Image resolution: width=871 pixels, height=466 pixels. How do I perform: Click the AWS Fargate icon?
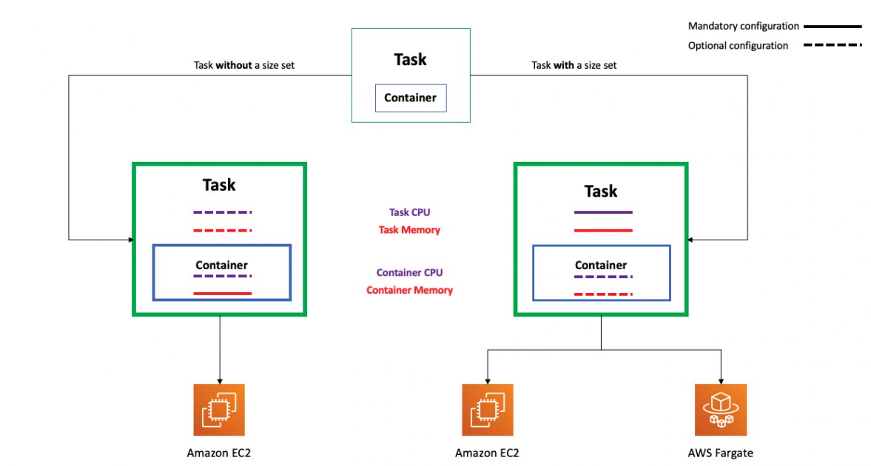click(721, 409)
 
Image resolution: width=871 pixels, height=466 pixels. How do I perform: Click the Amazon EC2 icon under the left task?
click(219, 409)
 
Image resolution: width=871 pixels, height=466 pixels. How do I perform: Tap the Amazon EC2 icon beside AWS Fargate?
click(487, 409)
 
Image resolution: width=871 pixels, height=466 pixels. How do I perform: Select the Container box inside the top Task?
click(411, 98)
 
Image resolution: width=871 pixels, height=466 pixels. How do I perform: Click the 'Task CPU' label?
click(409, 212)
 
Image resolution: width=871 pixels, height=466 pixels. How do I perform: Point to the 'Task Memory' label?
click(409, 230)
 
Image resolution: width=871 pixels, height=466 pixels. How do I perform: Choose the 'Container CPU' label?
click(409, 273)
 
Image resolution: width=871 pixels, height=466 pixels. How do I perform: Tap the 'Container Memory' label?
click(409, 291)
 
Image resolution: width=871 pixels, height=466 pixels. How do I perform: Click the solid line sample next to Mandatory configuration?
click(833, 26)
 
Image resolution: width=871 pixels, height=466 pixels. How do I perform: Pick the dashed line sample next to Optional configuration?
click(833, 45)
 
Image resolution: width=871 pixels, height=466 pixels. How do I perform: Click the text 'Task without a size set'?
click(244, 65)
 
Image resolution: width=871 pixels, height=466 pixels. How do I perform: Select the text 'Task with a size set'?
click(574, 65)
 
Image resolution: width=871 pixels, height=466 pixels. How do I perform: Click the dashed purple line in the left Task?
click(222, 212)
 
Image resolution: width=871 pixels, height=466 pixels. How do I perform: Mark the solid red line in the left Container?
click(222, 293)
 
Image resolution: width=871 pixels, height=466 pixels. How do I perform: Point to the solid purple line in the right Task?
click(603, 212)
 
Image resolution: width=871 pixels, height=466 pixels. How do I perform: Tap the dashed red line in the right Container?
click(603, 294)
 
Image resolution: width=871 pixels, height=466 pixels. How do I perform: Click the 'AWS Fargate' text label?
click(720, 453)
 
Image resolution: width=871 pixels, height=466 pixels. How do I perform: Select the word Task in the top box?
click(411, 59)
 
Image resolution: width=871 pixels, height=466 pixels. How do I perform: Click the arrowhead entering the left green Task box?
click(131, 240)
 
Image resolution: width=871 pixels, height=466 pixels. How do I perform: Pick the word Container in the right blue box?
click(600, 265)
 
